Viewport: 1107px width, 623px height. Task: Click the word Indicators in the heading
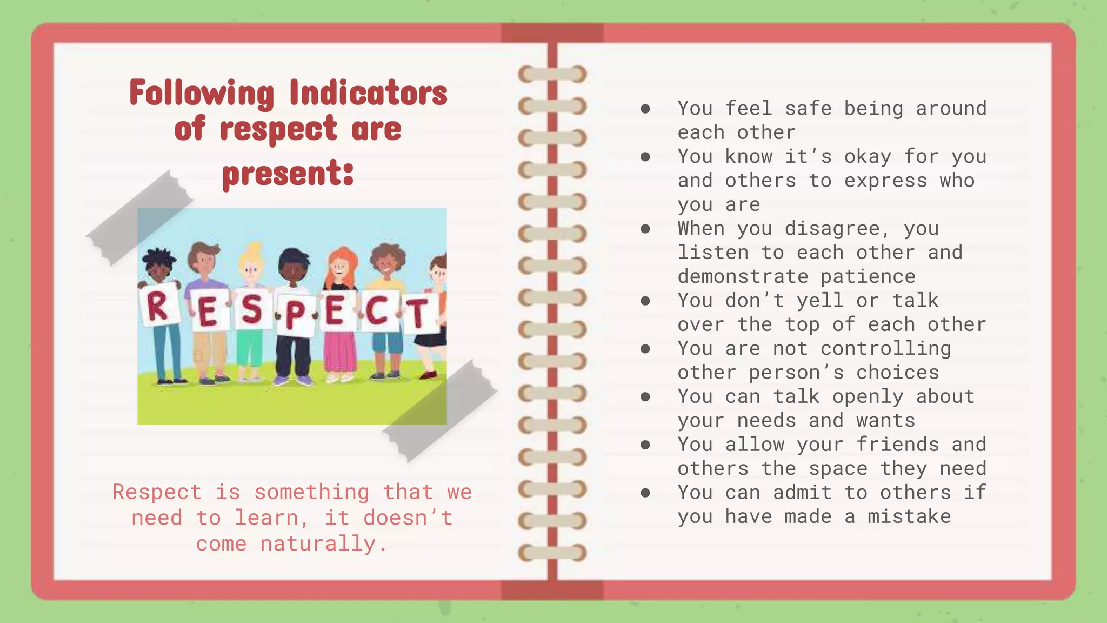368,93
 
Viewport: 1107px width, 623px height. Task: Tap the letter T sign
418,314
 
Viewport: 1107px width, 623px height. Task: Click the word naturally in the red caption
318,544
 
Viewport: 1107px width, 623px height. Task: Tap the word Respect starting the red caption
157,492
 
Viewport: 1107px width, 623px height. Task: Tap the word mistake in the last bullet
909,516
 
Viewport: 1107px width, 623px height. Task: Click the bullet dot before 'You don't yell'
645,301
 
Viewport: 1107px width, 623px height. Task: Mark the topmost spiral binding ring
552,74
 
